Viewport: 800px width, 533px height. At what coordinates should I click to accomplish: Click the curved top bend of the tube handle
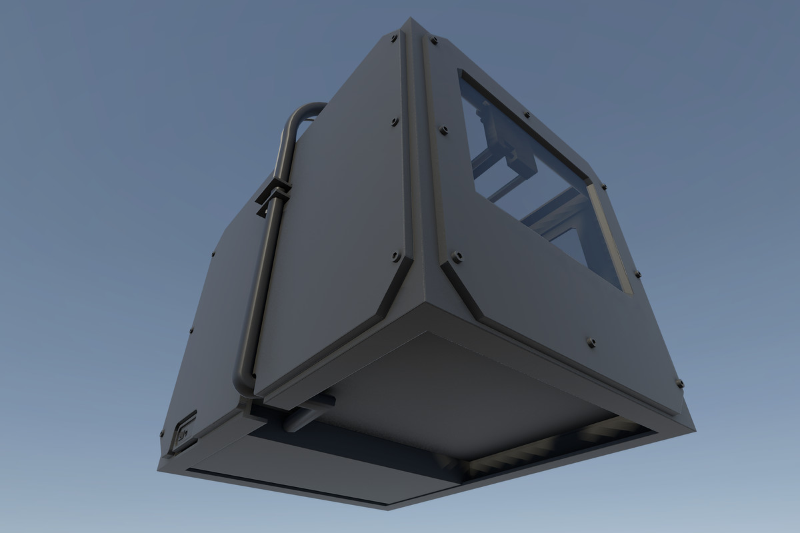301,113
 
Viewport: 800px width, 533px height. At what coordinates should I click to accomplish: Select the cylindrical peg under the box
308,412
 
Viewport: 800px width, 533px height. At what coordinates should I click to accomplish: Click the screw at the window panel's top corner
434,41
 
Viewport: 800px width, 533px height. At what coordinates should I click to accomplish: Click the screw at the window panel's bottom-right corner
679,383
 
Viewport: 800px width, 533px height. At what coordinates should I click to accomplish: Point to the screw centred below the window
591,342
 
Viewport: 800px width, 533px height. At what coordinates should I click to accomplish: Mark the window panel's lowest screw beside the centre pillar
457,256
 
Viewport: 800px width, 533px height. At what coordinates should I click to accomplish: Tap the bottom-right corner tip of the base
693,426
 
